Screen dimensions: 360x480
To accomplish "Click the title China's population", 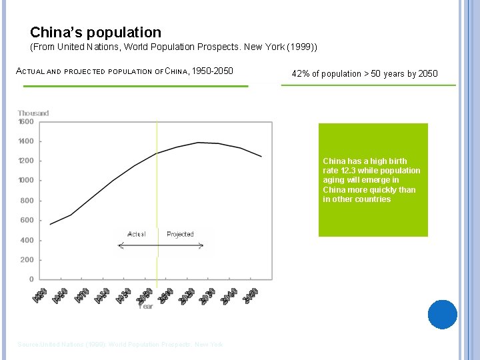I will tap(95, 32).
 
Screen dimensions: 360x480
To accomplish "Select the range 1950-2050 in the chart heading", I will tap(212, 71).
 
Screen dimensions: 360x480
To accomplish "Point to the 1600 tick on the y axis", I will tap(26, 121).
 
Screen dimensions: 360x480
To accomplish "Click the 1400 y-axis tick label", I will tap(26, 141).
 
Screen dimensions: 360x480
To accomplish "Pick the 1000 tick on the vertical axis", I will tap(26, 180).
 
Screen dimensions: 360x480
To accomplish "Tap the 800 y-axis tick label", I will tap(27, 201).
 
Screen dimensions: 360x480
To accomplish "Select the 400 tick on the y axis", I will tap(27, 240).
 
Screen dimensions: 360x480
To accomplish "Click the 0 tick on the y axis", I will tap(31, 279).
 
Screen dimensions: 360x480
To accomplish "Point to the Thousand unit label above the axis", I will tap(33, 113).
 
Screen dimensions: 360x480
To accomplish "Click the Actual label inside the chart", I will tap(137, 234).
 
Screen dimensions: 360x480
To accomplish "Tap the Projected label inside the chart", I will tap(180, 234).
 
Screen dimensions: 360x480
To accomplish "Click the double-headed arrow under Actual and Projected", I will tap(160, 246).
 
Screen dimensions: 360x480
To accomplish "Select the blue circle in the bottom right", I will tap(443, 314).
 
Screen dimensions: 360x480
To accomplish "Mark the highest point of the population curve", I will tap(199, 143).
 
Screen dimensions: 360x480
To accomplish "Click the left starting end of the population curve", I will tap(50, 224).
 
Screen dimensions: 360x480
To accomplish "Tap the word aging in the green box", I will tap(333, 180).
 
